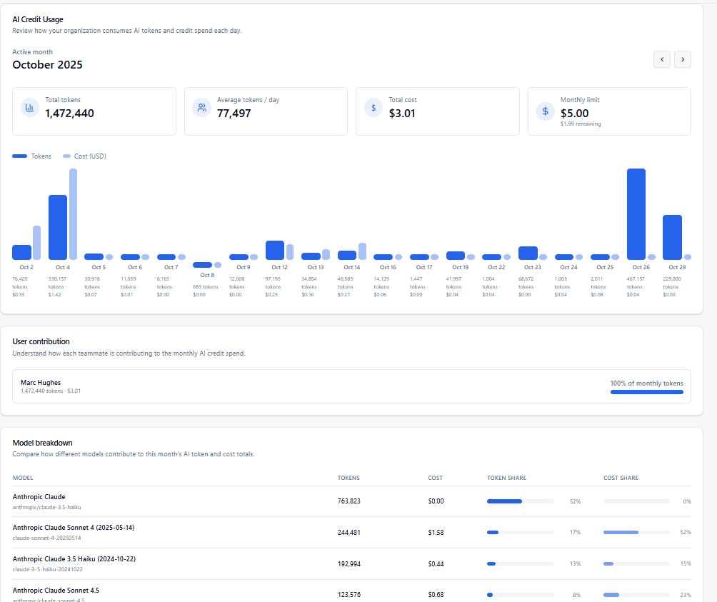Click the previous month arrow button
pyautogui.click(x=662, y=59)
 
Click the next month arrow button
pyautogui.click(x=683, y=59)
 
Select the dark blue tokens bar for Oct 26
pyautogui.click(x=636, y=214)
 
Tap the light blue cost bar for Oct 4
pyautogui.click(x=73, y=214)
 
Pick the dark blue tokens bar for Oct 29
pyautogui.click(x=672, y=237)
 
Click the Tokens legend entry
pyautogui.click(x=32, y=156)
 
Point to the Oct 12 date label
pyautogui.click(x=279, y=267)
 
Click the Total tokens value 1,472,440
pyautogui.click(x=69, y=113)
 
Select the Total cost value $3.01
pyautogui.click(x=402, y=113)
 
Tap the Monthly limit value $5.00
pyautogui.click(x=574, y=113)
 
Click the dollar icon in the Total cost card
pyautogui.click(x=373, y=108)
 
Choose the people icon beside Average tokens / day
pyautogui.click(x=201, y=108)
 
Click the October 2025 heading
pyautogui.click(x=47, y=65)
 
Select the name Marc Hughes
pyautogui.click(x=41, y=383)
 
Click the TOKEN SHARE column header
pyautogui.click(x=506, y=478)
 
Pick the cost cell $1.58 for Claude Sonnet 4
pyautogui.click(x=436, y=532)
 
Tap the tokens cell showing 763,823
pyautogui.click(x=349, y=501)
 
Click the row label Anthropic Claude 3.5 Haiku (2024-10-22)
pyautogui.click(x=74, y=558)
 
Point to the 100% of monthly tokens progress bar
pyautogui.click(x=646, y=392)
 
